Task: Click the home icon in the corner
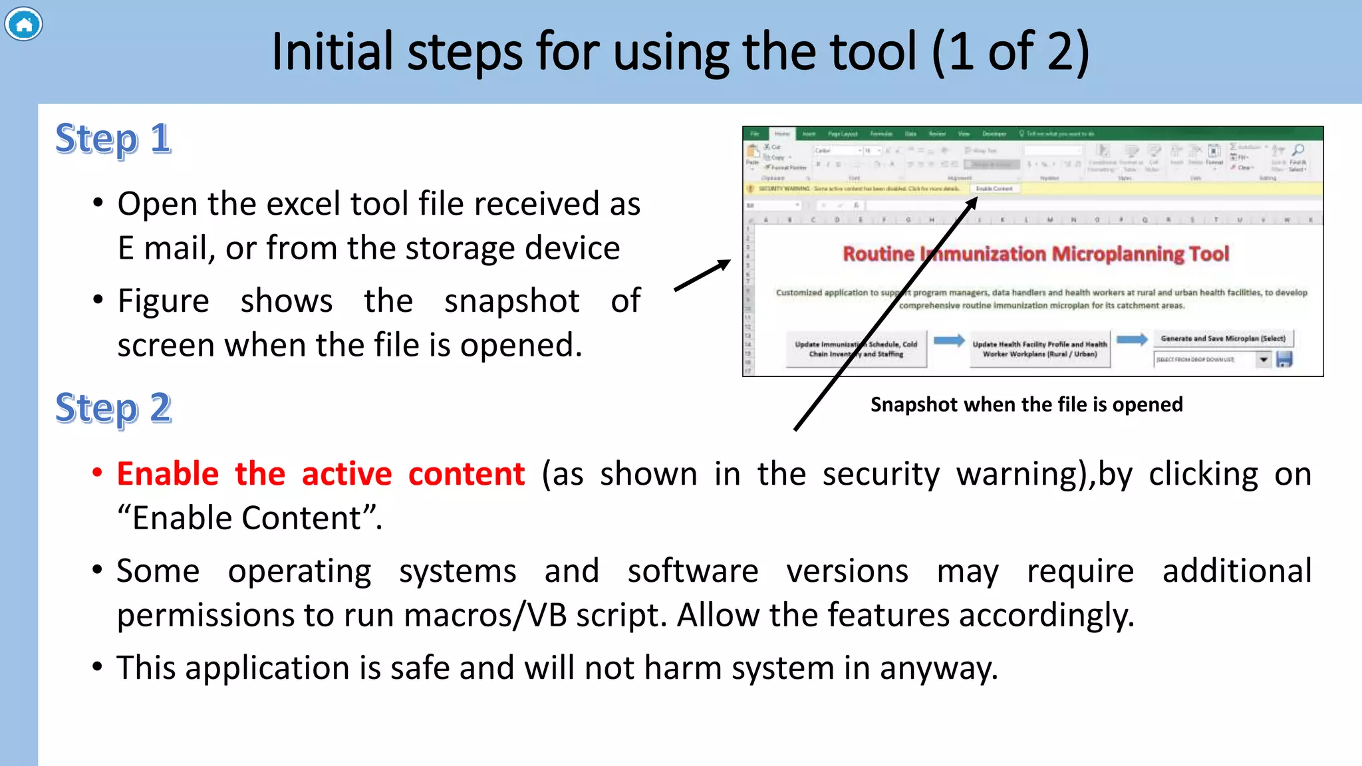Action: tap(23, 25)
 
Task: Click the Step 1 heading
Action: tap(113, 139)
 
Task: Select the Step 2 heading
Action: tap(114, 408)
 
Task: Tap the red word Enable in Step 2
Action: tap(168, 474)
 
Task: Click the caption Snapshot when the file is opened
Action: tap(1026, 404)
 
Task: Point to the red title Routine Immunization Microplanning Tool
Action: tap(1035, 253)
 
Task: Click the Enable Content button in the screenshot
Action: tap(994, 189)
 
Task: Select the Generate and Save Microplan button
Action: tap(1223, 338)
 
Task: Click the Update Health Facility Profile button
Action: tap(1039, 349)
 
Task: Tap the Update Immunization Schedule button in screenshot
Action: tap(856, 349)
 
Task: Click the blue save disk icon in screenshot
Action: tap(1284, 360)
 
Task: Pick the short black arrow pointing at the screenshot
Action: tap(702, 275)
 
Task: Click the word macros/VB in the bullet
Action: tap(485, 615)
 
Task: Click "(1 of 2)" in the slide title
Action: tap(1010, 52)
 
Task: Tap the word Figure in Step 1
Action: tap(163, 301)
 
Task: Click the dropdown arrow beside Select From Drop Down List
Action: tap(1263, 360)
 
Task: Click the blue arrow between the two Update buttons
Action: tap(949, 341)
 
